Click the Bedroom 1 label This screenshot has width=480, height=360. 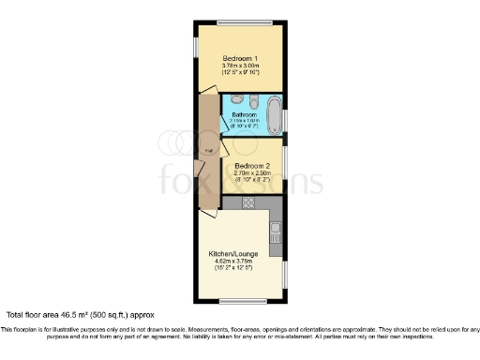[x=241, y=58]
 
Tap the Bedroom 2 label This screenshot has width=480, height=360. [x=252, y=166]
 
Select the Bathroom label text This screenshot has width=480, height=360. [x=245, y=115]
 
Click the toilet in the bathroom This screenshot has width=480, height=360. [x=236, y=99]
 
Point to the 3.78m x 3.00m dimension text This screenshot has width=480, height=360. [x=241, y=66]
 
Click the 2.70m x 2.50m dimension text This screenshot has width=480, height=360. [x=252, y=173]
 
